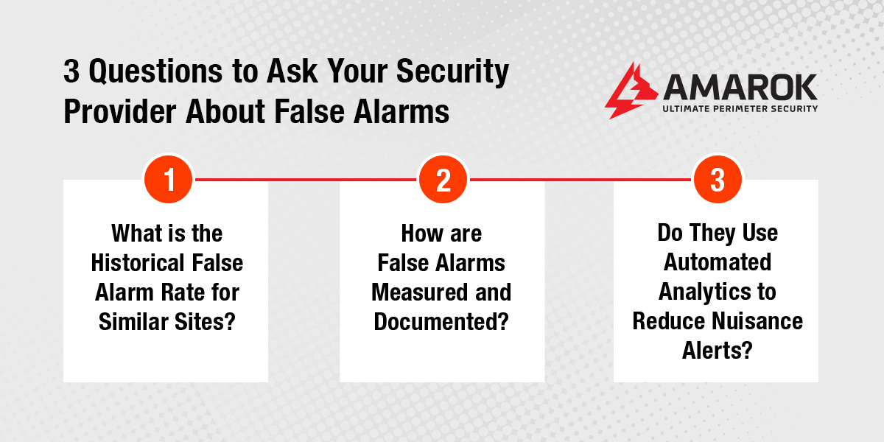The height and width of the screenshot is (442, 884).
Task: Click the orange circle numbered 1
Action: click(168, 179)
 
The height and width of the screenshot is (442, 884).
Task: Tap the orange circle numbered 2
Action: click(443, 179)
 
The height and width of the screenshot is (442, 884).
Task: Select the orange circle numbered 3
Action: click(718, 179)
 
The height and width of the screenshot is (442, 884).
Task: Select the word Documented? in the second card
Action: click(442, 321)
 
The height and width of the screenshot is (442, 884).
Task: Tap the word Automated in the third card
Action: click(716, 263)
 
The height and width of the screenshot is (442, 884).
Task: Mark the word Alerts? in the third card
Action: click(716, 351)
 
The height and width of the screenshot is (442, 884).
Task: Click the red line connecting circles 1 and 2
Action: click(305, 179)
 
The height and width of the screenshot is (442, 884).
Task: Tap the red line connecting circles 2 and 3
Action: click(580, 179)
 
